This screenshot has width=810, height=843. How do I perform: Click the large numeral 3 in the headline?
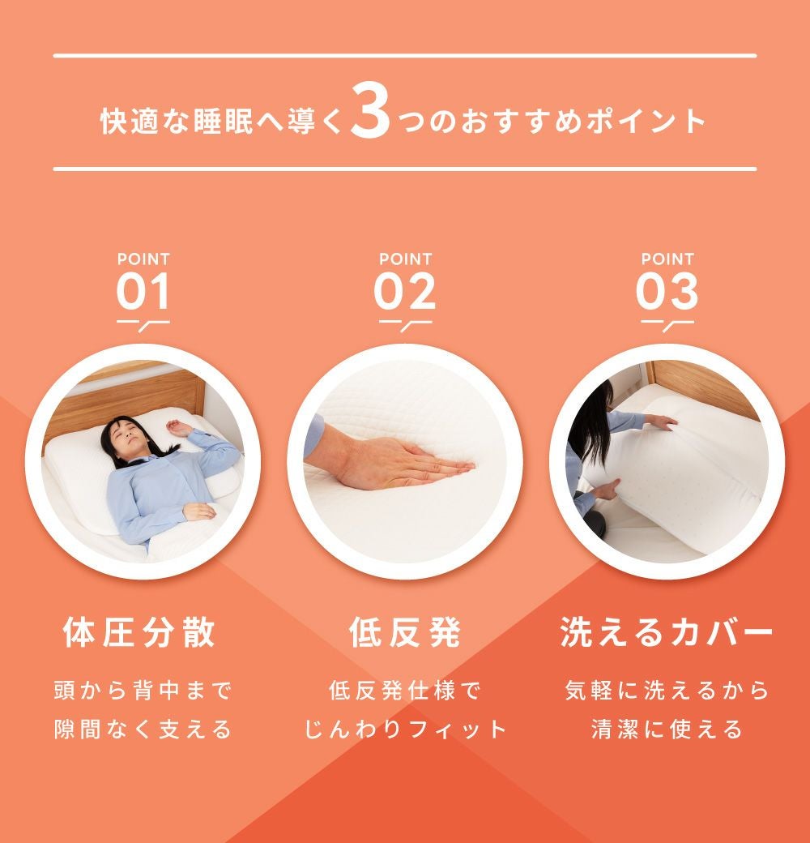(370, 111)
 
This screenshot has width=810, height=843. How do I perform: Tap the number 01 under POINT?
(143, 291)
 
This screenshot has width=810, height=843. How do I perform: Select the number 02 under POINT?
(405, 291)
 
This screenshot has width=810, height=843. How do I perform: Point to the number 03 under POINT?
(667, 291)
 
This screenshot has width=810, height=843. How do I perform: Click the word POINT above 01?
(143, 259)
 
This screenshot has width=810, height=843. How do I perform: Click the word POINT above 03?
(667, 259)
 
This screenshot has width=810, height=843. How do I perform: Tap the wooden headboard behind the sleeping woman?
(125, 399)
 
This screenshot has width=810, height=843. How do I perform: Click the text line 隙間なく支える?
(143, 730)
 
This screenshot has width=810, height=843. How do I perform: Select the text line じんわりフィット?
(405, 730)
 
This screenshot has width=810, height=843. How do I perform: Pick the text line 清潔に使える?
(667, 730)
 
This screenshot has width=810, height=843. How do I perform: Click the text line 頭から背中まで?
(143, 691)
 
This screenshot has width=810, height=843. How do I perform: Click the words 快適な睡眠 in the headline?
(177, 121)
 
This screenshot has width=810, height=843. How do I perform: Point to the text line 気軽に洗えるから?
(667, 691)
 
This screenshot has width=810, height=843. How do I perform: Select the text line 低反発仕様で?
(405, 691)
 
